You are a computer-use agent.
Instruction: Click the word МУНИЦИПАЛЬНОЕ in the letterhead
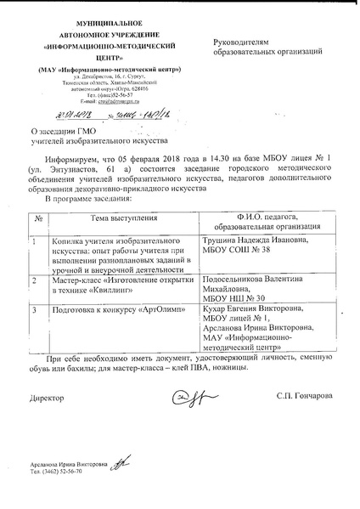click(x=93, y=17)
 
